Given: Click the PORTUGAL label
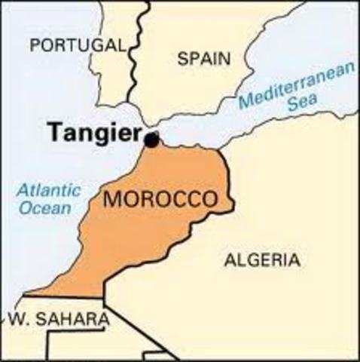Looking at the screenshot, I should coord(78,45).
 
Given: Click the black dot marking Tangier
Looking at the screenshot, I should coord(152,140).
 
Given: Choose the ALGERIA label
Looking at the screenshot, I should coord(261,260).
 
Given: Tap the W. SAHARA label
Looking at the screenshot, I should coord(58,319).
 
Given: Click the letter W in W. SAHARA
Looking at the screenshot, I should coord(15,319).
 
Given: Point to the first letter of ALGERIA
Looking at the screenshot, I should coord(230,260).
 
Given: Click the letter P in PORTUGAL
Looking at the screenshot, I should coord(35,45).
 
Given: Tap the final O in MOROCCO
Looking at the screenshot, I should coord(210,201).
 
